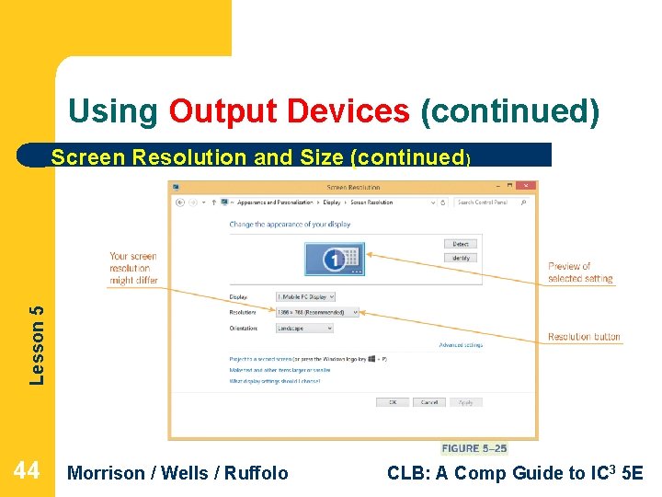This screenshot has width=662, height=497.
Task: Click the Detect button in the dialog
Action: (x=461, y=244)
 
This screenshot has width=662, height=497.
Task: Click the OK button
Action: (x=393, y=402)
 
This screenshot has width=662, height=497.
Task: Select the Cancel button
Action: (x=429, y=402)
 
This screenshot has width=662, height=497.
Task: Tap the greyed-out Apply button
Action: (x=466, y=402)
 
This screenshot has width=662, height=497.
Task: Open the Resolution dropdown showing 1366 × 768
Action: (x=317, y=312)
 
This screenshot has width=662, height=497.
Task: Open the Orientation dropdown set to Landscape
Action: (x=304, y=328)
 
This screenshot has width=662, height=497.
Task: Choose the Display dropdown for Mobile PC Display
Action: (x=305, y=296)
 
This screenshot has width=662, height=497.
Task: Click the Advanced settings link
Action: (x=461, y=345)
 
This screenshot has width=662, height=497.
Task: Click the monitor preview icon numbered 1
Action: (x=335, y=260)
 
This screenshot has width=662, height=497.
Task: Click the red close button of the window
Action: (x=526, y=187)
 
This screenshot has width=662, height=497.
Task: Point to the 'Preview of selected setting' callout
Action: (x=580, y=272)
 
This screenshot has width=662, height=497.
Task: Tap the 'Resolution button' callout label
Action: (x=584, y=337)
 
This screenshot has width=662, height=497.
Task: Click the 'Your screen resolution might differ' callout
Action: (x=133, y=268)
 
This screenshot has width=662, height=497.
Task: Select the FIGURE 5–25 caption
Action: (x=474, y=448)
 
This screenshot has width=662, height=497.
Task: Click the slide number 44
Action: (x=27, y=471)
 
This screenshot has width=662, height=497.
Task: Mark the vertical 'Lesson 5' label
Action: (x=36, y=344)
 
